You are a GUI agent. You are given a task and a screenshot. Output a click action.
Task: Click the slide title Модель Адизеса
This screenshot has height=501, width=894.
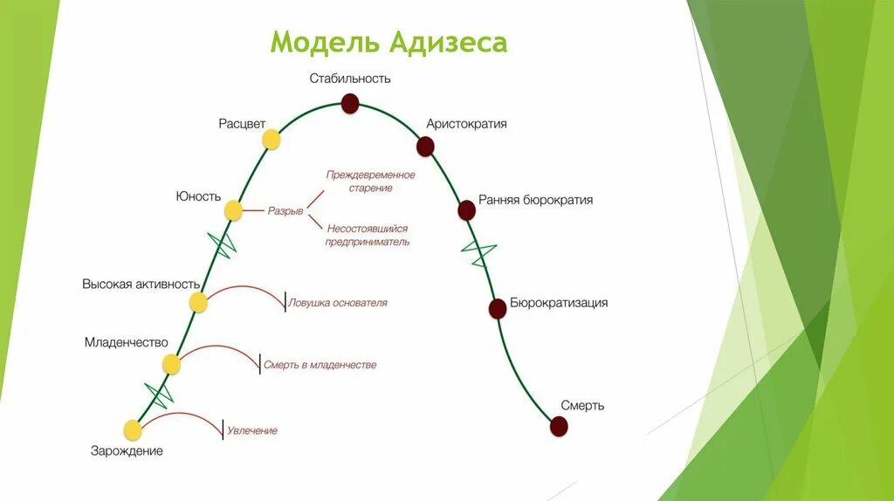[389, 43]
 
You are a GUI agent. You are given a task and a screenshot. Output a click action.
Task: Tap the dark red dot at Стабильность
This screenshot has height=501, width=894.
[350, 105]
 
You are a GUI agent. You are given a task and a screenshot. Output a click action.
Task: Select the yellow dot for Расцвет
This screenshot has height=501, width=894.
[272, 139]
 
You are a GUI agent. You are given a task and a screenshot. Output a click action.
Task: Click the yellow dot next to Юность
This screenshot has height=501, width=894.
[233, 210]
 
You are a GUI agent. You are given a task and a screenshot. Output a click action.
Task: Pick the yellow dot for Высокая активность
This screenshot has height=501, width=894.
[198, 303]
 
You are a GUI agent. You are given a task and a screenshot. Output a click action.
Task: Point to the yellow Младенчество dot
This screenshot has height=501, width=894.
[170, 365]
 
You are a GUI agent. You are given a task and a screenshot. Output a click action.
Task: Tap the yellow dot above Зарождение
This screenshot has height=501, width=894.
[133, 429]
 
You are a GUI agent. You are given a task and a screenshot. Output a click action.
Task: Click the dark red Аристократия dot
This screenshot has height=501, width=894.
[425, 147]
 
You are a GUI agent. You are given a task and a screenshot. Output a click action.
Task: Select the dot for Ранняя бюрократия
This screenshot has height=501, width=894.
[466, 210]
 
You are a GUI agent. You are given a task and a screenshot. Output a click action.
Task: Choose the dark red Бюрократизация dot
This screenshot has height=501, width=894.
[498, 308]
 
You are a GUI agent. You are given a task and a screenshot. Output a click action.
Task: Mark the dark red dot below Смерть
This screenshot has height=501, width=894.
[559, 426]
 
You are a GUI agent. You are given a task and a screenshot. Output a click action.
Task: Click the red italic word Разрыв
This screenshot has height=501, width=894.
[285, 211]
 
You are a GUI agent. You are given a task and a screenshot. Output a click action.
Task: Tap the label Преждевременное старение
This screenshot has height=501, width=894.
[370, 181]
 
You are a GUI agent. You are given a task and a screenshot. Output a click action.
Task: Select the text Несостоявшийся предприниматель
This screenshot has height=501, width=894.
[368, 235]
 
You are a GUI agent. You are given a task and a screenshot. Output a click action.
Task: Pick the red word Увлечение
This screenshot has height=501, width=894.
[252, 430]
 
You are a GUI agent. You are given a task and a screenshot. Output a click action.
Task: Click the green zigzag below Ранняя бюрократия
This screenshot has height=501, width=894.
[479, 253]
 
